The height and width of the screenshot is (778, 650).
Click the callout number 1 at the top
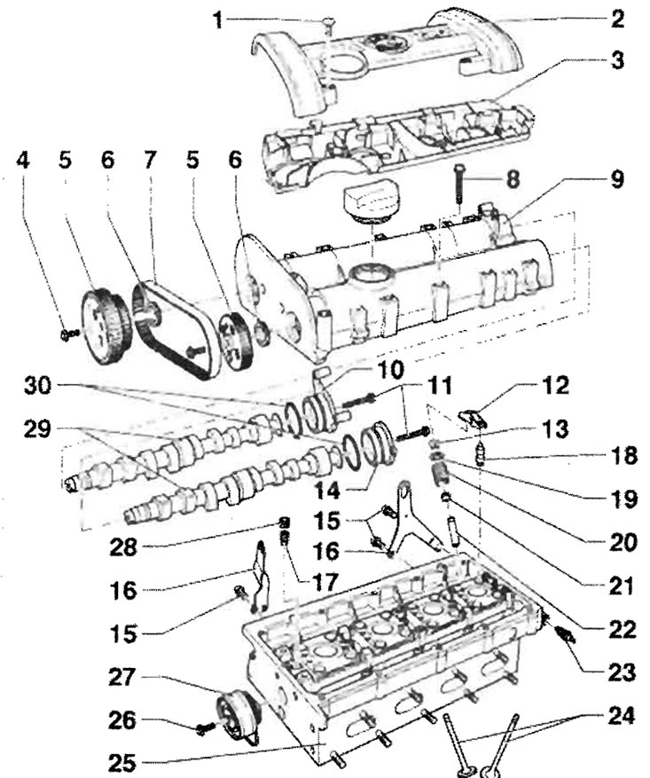click(x=216, y=20)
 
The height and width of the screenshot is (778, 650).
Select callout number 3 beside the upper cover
click(x=616, y=60)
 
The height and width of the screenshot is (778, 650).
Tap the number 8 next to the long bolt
click(x=513, y=178)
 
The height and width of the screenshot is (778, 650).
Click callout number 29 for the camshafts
click(x=37, y=429)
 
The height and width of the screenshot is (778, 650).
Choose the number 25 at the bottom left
click(x=121, y=763)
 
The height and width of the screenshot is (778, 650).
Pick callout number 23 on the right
click(x=622, y=672)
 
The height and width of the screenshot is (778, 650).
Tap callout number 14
click(x=326, y=491)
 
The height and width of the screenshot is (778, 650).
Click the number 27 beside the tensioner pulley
click(x=122, y=677)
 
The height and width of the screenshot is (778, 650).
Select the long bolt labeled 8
click(x=458, y=183)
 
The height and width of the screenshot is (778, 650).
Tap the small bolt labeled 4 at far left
click(x=69, y=335)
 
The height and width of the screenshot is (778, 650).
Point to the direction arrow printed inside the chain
click(x=195, y=351)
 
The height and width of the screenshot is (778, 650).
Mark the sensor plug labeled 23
click(x=564, y=633)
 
